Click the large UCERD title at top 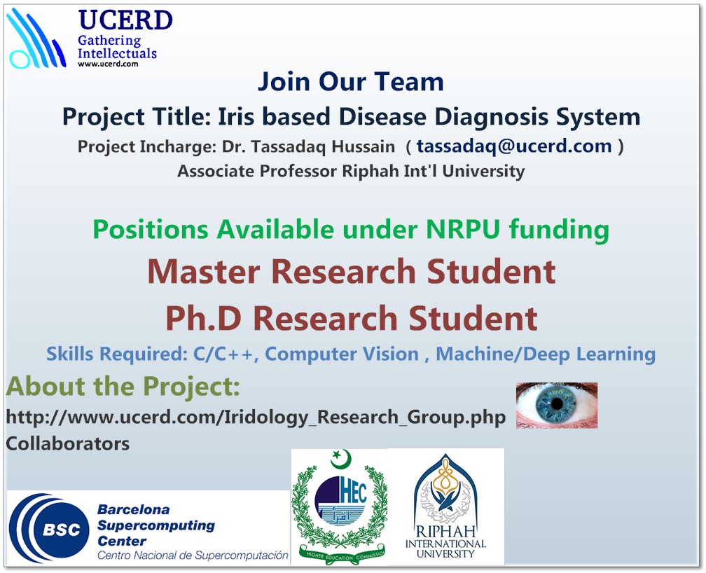coord(125,20)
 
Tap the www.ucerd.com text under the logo coord(108,64)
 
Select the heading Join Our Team coord(351,81)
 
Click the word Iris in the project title coord(237,116)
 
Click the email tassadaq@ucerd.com coord(514,146)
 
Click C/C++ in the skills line coord(225,354)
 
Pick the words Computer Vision coord(342,354)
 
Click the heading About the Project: coord(123,387)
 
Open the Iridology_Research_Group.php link coord(256,417)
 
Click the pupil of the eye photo coord(557,403)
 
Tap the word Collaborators coord(67,443)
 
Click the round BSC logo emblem coord(50,528)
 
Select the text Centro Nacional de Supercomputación coord(193,555)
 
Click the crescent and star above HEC coord(340,459)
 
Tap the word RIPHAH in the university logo coord(445,531)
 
